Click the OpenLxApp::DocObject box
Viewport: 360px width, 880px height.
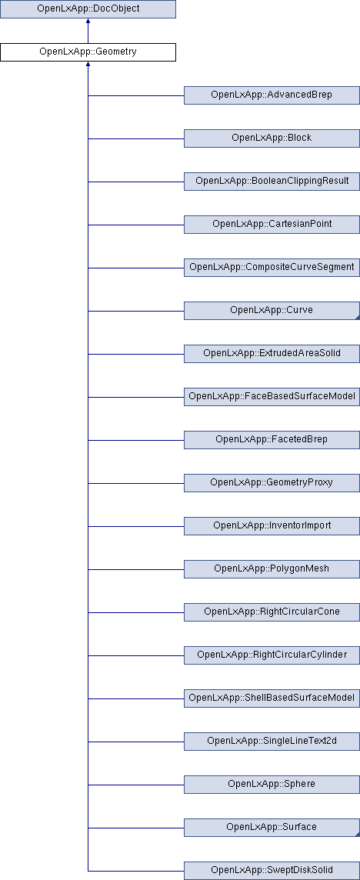click(x=88, y=9)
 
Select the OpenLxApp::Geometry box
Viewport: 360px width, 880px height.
click(x=88, y=52)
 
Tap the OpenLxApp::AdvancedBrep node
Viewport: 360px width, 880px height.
click(x=272, y=95)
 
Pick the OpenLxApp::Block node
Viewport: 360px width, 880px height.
click(x=272, y=138)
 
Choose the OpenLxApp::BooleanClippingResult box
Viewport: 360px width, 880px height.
click(x=272, y=182)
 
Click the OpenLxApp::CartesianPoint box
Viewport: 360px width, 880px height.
click(x=272, y=225)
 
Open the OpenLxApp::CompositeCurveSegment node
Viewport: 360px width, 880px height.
click(x=272, y=268)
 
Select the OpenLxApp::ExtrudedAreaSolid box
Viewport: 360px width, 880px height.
click(x=272, y=354)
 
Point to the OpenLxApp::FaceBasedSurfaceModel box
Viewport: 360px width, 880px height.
click(x=272, y=397)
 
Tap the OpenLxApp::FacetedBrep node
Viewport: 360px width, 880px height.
click(x=272, y=440)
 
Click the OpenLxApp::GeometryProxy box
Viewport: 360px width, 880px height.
click(x=272, y=482)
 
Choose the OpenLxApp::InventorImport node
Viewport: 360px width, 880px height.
click(x=272, y=526)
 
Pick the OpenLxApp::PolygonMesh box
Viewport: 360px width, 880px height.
click(x=272, y=569)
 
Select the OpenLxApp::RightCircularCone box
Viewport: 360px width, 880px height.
click(x=272, y=612)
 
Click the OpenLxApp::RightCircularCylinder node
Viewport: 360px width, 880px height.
click(x=272, y=655)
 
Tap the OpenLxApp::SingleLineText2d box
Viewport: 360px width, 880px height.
click(x=272, y=742)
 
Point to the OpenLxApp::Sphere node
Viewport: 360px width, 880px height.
click(x=272, y=785)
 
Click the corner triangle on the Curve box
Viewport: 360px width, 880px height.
click(x=357, y=318)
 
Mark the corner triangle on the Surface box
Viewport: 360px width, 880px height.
click(x=357, y=835)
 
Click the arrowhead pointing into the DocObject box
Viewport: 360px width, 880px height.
click(x=88, y=22)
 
